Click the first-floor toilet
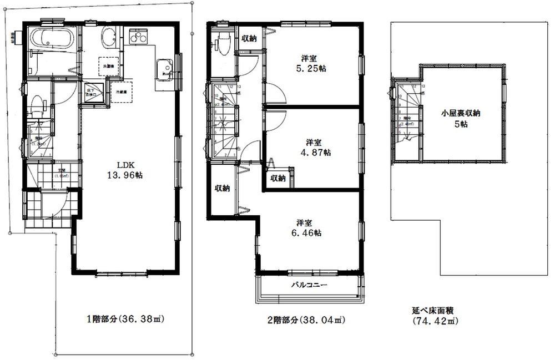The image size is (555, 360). click(x=38, y=104)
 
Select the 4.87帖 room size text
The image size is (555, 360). click(x=314, y=151)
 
